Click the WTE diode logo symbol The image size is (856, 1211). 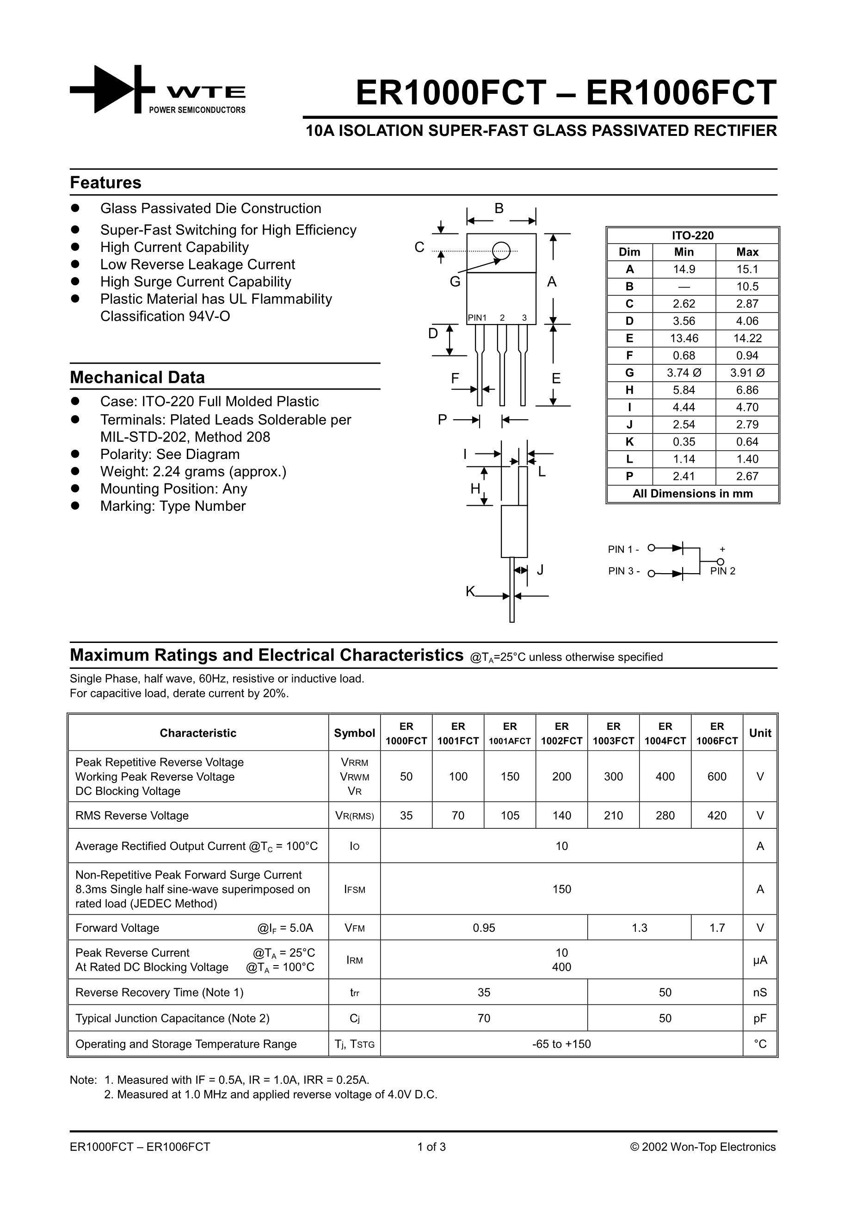pyautogui.click(x=112, y=89)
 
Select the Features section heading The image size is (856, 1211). pyautogui.click(x=105, y=183)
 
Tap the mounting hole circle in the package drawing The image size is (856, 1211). pyautogui.click(x=501, y=251)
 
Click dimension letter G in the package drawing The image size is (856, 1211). pyautogui.click(x=455, y=281)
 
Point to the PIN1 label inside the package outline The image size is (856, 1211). pyautogui.click(x=477, y=318)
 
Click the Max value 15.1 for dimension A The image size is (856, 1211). pyautogui.click(x=747, y=269)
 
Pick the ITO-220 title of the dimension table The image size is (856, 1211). pyautogui.click(x=692, y=236)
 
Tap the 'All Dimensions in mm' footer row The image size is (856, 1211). pyautogui.click(x=692, y=494)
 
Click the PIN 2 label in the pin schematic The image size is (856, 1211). pyautogui.click(x=722, y=571)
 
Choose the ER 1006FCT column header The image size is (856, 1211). pyautogui.click(x=717, y=733)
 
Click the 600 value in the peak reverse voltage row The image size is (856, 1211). pyautogui.click(x=717, y=777)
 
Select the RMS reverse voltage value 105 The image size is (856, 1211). pyautogui.click(x=510, y=815)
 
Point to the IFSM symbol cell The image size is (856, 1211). pyautogui.click(x=354, y=889)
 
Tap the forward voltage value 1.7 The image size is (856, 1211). pyautogui.click(x=717, y=928)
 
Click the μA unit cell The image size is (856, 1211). pyautogui.click(x=759, y=960)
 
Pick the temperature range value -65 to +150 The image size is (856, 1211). pyautogui.click(x=561, y=1044)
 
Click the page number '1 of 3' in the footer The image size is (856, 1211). pyautogui.click(x=431, y=1147)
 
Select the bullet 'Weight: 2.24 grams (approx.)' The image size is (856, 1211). pyautogui.click(x=193, y=471)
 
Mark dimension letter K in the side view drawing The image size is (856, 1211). pyautogui.click(x=470, y=591)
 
